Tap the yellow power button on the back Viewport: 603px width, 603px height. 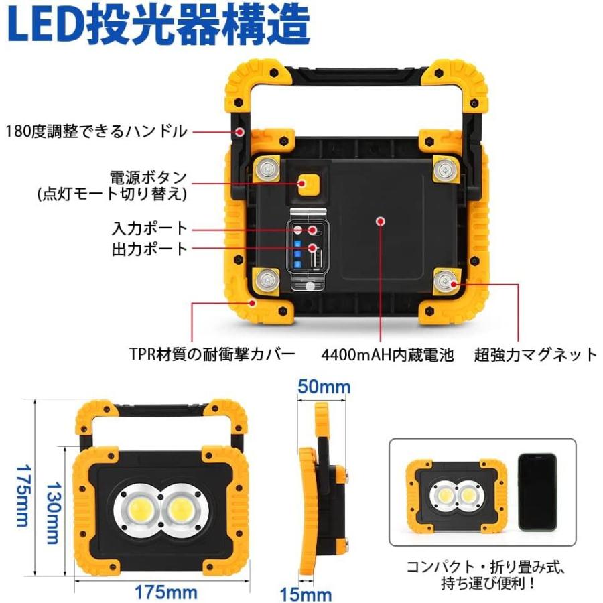309,184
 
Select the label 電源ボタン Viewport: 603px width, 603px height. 149,179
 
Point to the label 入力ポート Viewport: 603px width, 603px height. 149,228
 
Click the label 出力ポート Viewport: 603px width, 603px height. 149,249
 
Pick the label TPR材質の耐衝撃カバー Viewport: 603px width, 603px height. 212,354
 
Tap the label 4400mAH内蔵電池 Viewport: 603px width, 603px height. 387,354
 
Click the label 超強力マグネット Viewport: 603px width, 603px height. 535,354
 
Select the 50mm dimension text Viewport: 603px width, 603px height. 324,387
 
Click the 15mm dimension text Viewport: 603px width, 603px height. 305,594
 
